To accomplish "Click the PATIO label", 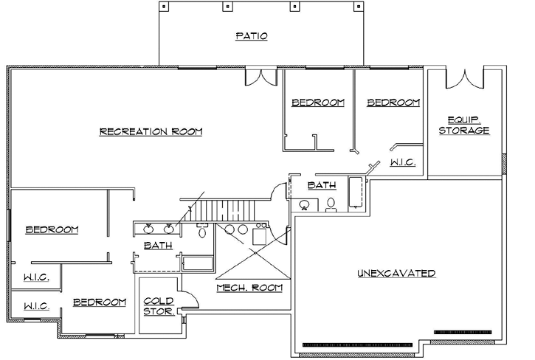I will pyautogui.click(x=252, y=35).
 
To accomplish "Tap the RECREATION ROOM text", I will pyautogui.click(x=151, y=132).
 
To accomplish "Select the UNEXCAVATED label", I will pyautogui.click(x=396, y=273).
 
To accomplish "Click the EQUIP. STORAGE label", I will pyautogui.click(x=464, y=125).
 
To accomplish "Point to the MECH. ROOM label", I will pyautogui.click(x=249, y=287).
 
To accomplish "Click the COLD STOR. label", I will pyautogui.click(x=159, y=306).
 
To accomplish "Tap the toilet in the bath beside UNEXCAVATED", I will pyautogui.click(x=331, y=204).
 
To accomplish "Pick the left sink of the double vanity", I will pyautogui.click(x=146, y=228).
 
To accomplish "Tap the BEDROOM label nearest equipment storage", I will pyautogui.click(x=393, y=103).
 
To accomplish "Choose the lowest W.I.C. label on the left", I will pyautogui.click(x=36, y=306).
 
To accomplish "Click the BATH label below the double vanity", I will pyautogui.click(x=158, y=245).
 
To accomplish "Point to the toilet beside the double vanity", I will pyautogui.click(x=202, y=232).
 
